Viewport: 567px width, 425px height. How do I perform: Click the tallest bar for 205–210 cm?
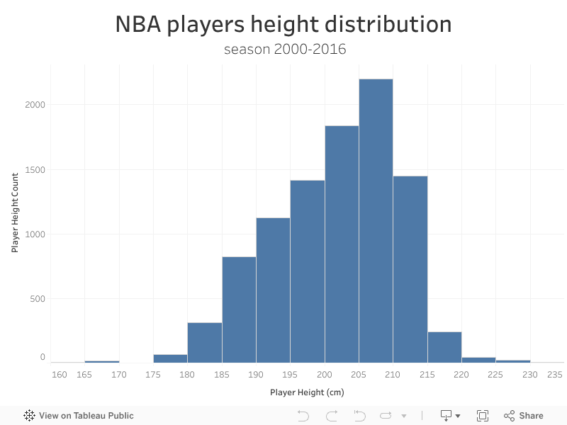point(376,220)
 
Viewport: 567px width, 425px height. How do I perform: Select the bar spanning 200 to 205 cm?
point(342,244)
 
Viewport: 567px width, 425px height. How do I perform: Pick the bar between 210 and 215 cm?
point(410,269)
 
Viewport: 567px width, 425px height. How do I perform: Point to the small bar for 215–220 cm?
point(444,347)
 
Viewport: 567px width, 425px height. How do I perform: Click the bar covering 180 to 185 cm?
point(205,343)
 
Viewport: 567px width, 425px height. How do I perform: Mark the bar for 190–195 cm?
point(273,290)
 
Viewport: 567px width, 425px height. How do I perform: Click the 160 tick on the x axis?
point(60,374)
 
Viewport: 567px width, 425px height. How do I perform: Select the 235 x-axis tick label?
point(556,374)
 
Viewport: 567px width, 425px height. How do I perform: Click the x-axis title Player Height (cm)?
point(307,392)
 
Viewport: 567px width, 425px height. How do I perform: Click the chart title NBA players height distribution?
point(283,25)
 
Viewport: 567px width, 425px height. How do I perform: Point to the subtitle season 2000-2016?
point(283,50)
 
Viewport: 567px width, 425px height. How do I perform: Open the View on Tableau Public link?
point(79,416)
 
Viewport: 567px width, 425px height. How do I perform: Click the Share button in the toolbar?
point(524,416)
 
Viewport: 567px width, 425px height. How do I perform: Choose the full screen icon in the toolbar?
point(483,416)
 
